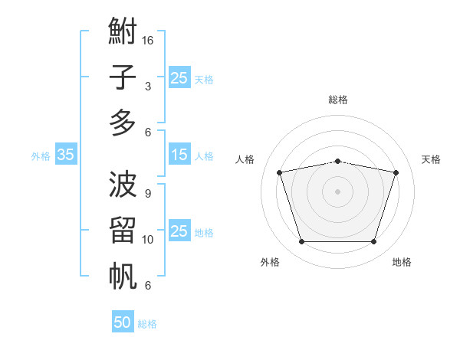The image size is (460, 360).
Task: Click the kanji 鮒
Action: coord(123,31)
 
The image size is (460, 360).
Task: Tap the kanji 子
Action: coord(123,77)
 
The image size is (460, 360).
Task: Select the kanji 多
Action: coord(123,123)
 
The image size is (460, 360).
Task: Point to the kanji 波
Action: coord(123,184)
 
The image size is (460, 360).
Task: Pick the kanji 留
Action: coord(123,230)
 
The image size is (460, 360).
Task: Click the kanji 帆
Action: coord(123,276)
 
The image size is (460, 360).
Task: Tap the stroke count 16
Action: coord(147,40)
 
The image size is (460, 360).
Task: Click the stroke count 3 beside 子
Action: coord(148,87)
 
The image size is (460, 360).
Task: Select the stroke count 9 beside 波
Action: coord(148,194)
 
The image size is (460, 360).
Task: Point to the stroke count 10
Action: coord(147,240)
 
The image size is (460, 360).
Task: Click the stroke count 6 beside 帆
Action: coord(148,285)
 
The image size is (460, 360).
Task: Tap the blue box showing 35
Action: coord(66,154)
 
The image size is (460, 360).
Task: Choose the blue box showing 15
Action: coord(179,154)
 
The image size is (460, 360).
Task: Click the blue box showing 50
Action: coord(123,321)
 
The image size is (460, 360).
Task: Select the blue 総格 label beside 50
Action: coord(147,324)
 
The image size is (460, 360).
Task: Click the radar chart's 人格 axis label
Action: coord(245,159)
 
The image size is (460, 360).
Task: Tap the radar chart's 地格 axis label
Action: coord(402,262)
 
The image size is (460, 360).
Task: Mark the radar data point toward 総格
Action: coord(337,162)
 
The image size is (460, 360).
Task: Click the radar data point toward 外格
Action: coord(301,241)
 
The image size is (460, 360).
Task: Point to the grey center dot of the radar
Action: coord(337,191)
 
